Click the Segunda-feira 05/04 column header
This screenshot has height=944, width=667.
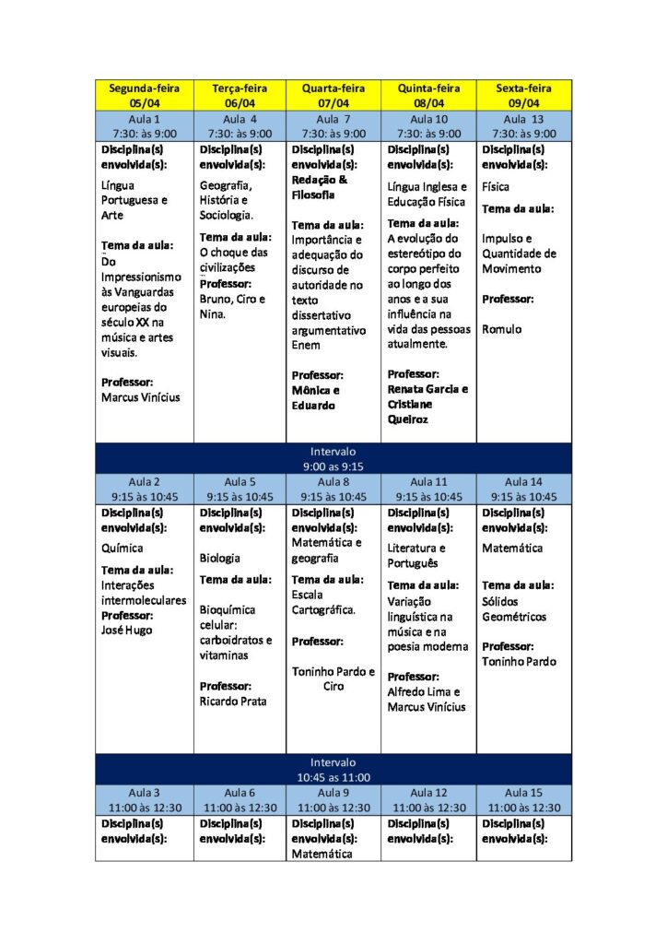(x=144, y=95)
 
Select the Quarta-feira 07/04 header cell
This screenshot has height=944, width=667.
(x=333, y=95)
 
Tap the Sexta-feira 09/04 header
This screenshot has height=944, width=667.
(x=523, y=95)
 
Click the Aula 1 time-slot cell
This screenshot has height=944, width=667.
(x=144, y=126)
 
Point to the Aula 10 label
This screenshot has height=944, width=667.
(x=428, y=120)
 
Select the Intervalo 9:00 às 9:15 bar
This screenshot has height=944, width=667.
(x=333, y=458)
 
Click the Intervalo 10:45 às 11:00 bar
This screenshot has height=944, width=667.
(x=333, y=770)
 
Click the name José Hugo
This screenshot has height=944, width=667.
(x=126, y=631)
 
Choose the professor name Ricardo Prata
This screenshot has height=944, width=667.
(x=233, y=701)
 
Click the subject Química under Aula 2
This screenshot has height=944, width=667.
(x=122, y=548)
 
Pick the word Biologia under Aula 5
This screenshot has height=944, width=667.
(x=219, y=558)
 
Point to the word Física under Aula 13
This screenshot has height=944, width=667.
(x=496, y=187)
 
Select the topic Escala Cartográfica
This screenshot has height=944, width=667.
(x=323, y=602)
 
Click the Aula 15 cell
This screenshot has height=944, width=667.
(x=523, y=799)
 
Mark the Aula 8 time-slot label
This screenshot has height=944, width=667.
(x=333, y=481)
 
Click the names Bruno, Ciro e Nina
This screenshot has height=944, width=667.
(x=232, y=306)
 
